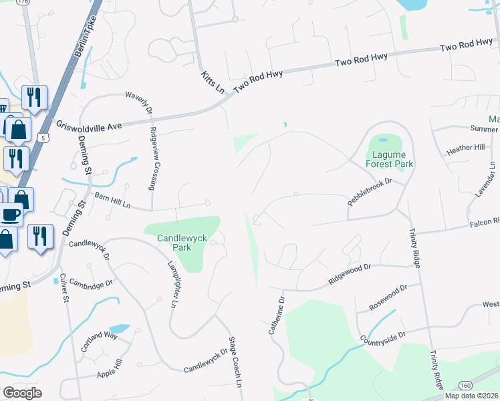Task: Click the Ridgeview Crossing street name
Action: coord(154,159)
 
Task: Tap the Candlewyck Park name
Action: coord(174,243)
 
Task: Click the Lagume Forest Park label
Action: coord(389,159)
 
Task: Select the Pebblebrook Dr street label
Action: coord(368,191)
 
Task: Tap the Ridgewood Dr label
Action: coord(350,274)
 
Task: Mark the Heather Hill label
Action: coord(465,148)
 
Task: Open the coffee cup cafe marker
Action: coord(9,215)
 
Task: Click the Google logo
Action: coord(23,393)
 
